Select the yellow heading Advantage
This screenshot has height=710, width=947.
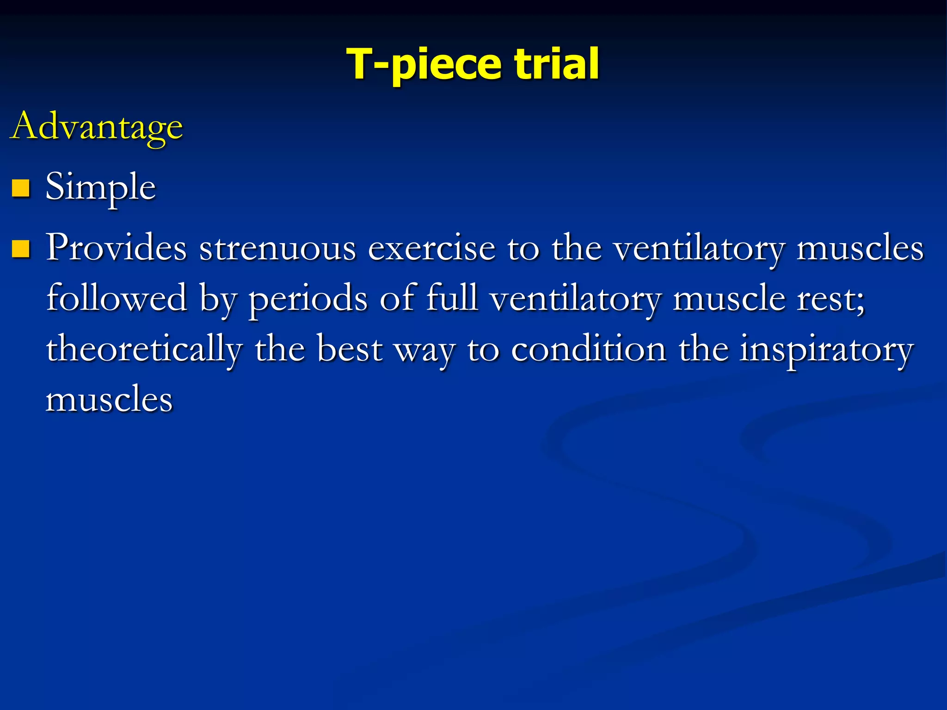[97, 127]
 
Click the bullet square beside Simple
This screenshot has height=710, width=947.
[21, 188]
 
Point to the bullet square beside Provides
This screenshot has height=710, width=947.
[21, 248]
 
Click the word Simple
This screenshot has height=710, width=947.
[100, 187]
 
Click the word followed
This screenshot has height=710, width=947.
[117, 298]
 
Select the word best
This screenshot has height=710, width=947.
[350, 349]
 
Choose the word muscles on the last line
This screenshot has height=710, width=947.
[109, 399]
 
